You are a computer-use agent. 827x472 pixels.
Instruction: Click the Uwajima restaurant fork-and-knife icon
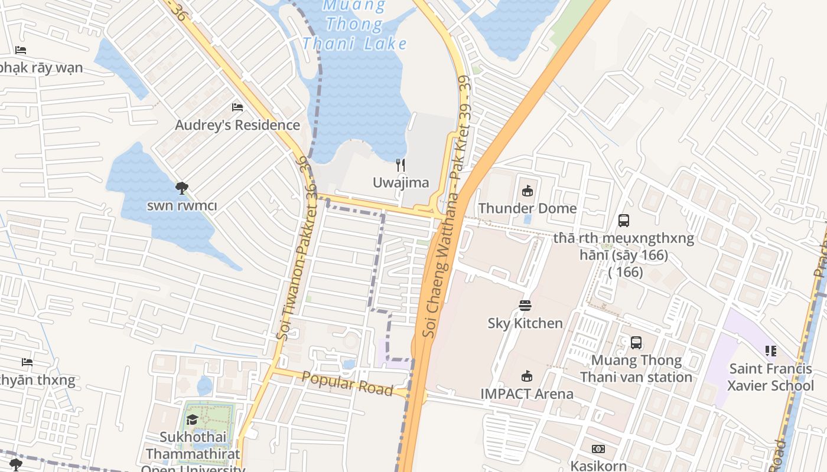401,165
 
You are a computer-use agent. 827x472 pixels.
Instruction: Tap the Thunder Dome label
527,208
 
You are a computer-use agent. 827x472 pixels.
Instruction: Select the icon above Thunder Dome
527,191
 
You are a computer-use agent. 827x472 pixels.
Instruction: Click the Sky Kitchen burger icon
525,305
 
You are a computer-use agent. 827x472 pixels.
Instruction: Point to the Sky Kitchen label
525,323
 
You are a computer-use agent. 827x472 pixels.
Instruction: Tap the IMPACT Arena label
526,394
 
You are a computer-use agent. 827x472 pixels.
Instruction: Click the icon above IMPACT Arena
526,376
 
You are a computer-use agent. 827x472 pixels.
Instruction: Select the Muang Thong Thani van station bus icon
636,342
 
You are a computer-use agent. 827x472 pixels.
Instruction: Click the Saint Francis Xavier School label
770,377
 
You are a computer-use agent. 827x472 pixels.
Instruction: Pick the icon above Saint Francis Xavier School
770,351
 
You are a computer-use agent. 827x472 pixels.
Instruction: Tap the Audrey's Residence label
237,125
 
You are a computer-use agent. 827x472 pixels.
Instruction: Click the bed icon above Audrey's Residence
237,107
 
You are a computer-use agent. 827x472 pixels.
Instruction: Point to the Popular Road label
347,383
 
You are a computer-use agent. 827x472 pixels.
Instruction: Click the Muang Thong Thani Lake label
354,25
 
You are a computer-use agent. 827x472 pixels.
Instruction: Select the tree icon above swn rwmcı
182,188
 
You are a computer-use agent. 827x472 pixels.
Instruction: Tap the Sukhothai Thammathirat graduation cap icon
192,419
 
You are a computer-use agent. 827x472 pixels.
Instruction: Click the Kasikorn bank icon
598,449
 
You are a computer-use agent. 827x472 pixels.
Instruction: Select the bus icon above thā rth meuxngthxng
623,221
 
